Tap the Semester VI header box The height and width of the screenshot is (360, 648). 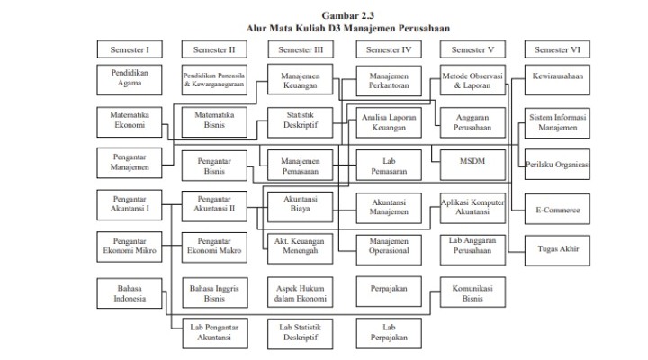click(x=558, y=49)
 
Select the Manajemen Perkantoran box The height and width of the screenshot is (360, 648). click(x=388, y=78)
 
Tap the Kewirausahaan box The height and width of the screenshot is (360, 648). click(x=558, y=78)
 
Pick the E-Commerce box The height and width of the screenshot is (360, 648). click(x=558, y=209)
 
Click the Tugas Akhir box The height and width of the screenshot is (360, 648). click(x=558, y=247)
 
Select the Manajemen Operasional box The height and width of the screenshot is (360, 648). click(x=388, y=247)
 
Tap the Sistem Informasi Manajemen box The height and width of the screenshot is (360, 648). click(x=558, y=121)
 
